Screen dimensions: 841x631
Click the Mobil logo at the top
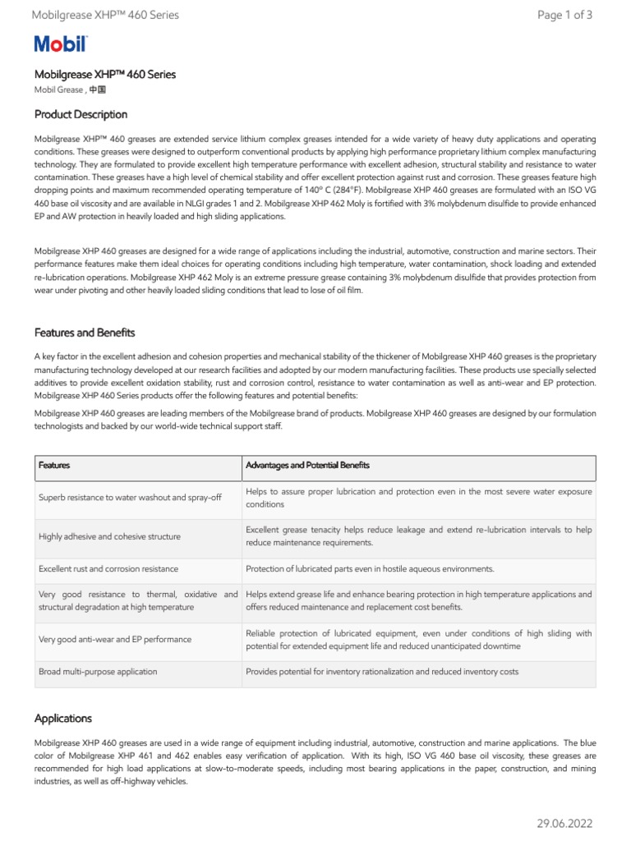61,45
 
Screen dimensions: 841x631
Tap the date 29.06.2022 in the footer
564,823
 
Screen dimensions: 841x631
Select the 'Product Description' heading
81,114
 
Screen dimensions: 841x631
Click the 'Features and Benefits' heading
85,333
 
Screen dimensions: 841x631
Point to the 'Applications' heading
63,718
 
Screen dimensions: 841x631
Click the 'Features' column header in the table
54,466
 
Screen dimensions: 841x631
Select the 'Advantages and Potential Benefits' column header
307,466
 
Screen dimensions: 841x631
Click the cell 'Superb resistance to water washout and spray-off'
130,498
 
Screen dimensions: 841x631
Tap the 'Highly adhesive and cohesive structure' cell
109,536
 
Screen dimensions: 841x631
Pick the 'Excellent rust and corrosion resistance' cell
108,568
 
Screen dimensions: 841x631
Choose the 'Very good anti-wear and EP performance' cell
115,639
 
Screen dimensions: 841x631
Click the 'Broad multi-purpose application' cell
98,672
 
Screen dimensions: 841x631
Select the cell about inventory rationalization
382,672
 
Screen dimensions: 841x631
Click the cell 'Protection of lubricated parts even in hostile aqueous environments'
370,568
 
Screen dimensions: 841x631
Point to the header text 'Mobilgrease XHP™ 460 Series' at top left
104,15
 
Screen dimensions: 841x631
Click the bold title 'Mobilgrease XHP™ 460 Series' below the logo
105,75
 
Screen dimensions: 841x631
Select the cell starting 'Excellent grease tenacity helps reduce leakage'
418,536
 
